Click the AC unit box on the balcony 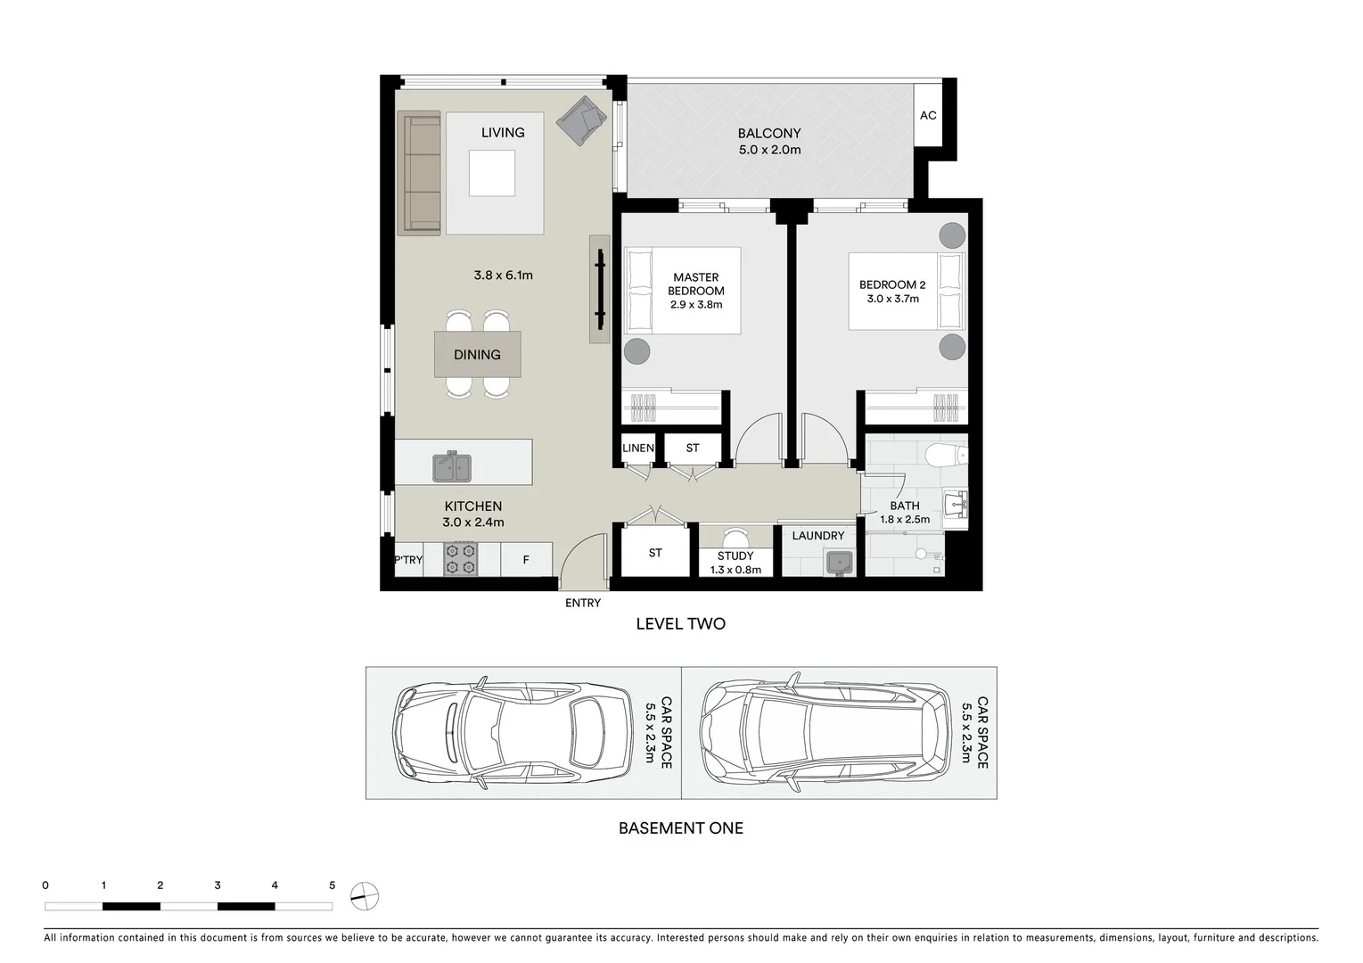pos(928,115)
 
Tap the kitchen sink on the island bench pos(452,466)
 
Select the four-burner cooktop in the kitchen pos(461,559)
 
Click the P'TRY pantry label pos(408,560)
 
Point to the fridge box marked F pos(526,560)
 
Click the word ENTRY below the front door pos(583,603)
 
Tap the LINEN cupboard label pos(638,448)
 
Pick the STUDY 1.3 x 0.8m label pos(735,563)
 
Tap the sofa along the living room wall pos(419,173)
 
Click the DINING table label pos(477,355)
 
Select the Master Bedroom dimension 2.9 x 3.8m pos(696,304)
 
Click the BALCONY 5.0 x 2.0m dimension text pos(769,150)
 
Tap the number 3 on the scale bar pos(218,885)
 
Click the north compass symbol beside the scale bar pos(364,895)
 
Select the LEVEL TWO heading pos(680,624)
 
